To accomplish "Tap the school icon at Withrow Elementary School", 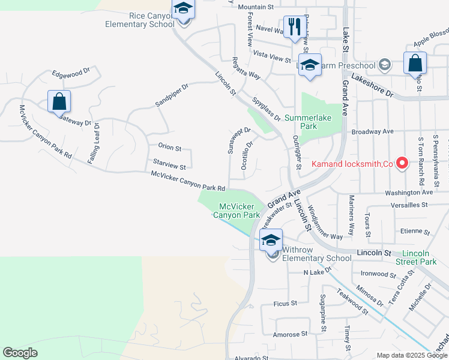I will coord(271,240).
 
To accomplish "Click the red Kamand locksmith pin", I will coord(403,163).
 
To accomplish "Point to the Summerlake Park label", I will coord(309,122).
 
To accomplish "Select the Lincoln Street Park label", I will coord(420,257).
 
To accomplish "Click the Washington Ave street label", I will coord(409,193).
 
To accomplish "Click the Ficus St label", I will coord(285,304).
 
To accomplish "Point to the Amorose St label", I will coord(290,334).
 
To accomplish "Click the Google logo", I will coord(20,353).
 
